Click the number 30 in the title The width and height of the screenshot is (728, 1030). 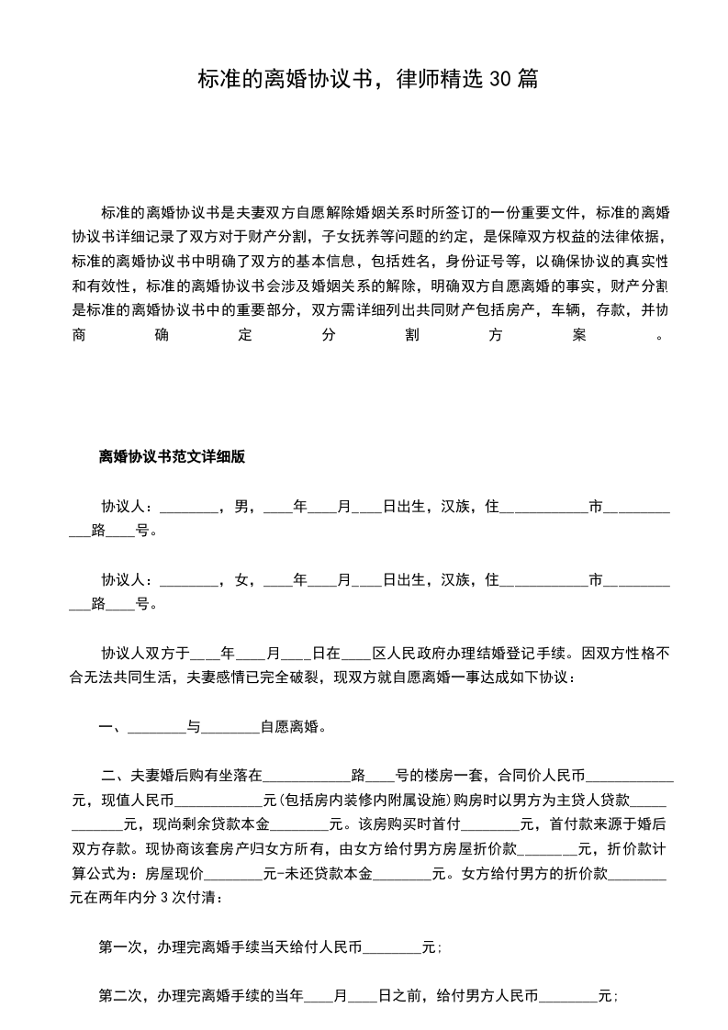click(x=500, y=80)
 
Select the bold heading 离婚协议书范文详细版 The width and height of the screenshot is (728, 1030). click(x=172, y=456)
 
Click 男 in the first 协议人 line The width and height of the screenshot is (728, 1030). click(x=242, y=506)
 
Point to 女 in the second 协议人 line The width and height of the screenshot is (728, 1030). click(x=242, y=580)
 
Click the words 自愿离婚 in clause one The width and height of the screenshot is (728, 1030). click(x=289, y=729)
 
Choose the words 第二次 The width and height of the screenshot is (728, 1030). click(x=120, y=995)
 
